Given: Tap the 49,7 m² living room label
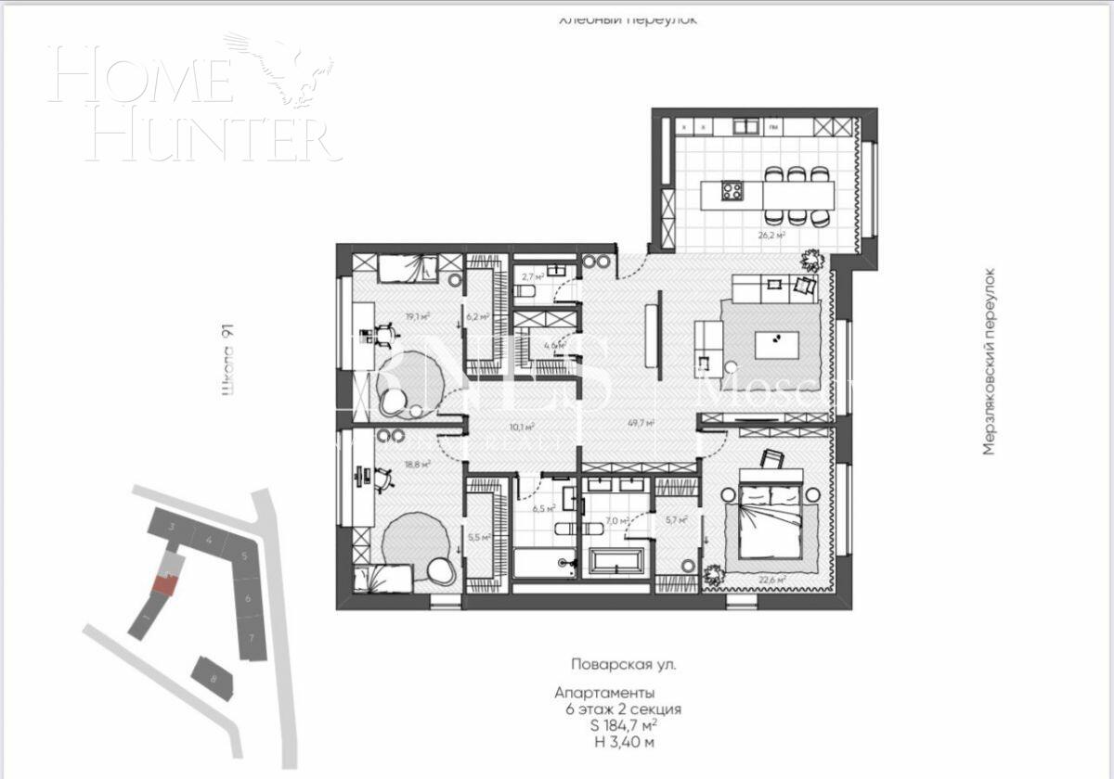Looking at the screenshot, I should coord(641,423).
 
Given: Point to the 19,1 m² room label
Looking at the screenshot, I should coord(417,316).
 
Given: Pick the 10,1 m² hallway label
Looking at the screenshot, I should coord(524,428).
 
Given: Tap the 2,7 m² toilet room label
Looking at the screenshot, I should coord(532,276).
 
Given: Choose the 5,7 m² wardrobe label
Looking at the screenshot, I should coord(677,520).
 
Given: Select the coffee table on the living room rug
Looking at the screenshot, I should coord(776,345).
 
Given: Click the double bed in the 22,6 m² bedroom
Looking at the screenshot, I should coord(773,521).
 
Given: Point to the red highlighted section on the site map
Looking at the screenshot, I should coord(164,583).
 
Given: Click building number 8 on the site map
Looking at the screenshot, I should coord(214,679).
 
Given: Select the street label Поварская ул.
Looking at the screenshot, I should coord(624,665).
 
